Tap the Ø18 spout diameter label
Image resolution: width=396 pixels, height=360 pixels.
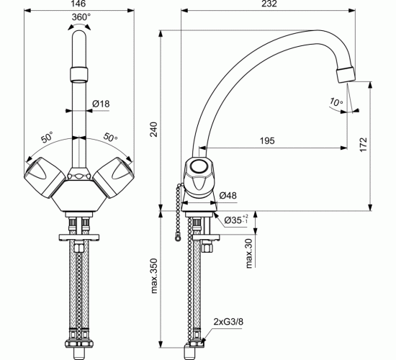[101, 104]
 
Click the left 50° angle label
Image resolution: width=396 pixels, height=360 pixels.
[47, 137]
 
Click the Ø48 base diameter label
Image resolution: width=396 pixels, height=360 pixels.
[228, 195]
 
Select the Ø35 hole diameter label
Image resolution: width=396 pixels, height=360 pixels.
[235, 220]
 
